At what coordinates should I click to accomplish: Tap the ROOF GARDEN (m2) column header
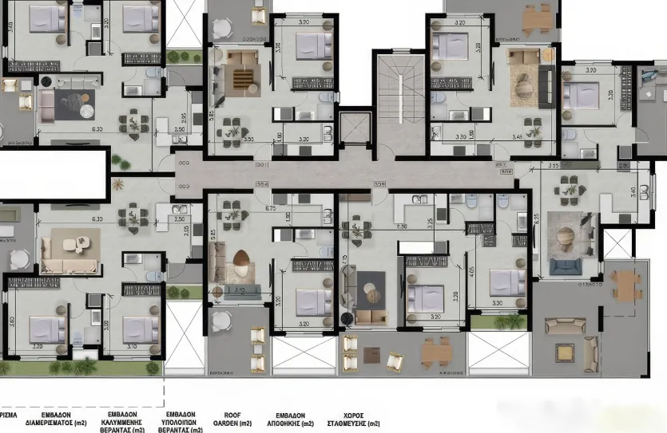[232, 419]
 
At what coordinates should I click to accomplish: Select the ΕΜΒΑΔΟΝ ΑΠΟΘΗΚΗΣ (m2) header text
[295, 419]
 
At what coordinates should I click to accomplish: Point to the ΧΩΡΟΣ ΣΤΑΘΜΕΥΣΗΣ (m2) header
[361, 419]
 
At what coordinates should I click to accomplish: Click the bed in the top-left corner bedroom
[46, 19]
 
